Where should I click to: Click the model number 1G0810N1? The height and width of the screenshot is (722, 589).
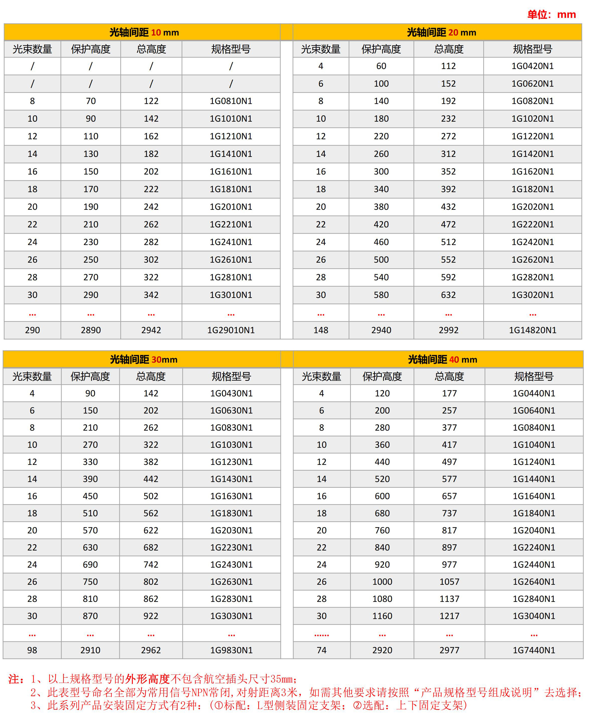tap(231, 101)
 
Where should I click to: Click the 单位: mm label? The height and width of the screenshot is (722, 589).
tap(551, 15)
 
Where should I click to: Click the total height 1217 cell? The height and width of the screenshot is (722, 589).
tap(449, 616)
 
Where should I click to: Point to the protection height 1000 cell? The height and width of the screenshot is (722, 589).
tap(382, 581)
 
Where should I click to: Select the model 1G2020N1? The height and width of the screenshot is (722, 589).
tap(532, 207)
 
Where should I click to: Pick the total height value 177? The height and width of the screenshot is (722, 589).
tap(449, 393)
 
